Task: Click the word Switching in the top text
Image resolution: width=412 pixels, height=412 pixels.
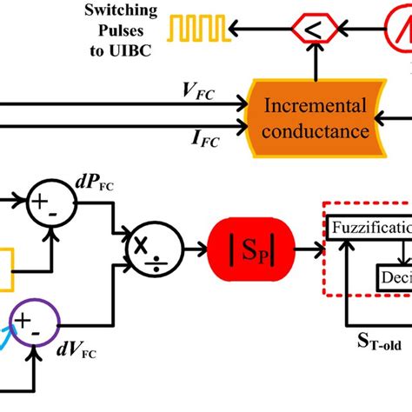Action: (119, 11)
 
